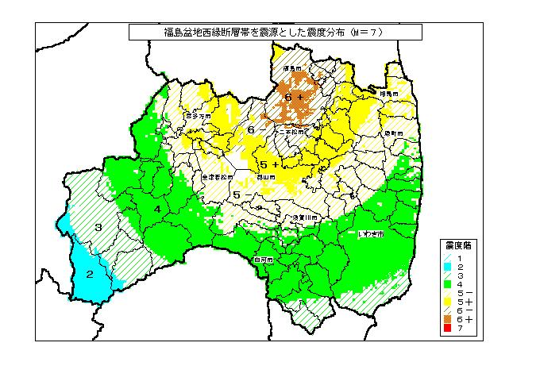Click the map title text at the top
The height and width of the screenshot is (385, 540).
275,33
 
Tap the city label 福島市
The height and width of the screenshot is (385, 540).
294,69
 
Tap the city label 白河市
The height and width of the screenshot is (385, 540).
264,260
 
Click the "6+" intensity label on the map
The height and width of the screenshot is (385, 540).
295,97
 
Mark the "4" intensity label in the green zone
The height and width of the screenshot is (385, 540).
158,209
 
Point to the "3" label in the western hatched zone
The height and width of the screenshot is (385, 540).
98,228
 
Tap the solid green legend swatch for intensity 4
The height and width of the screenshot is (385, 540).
448,283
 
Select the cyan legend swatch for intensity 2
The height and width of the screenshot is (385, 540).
448,266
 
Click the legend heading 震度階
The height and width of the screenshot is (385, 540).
458,245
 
